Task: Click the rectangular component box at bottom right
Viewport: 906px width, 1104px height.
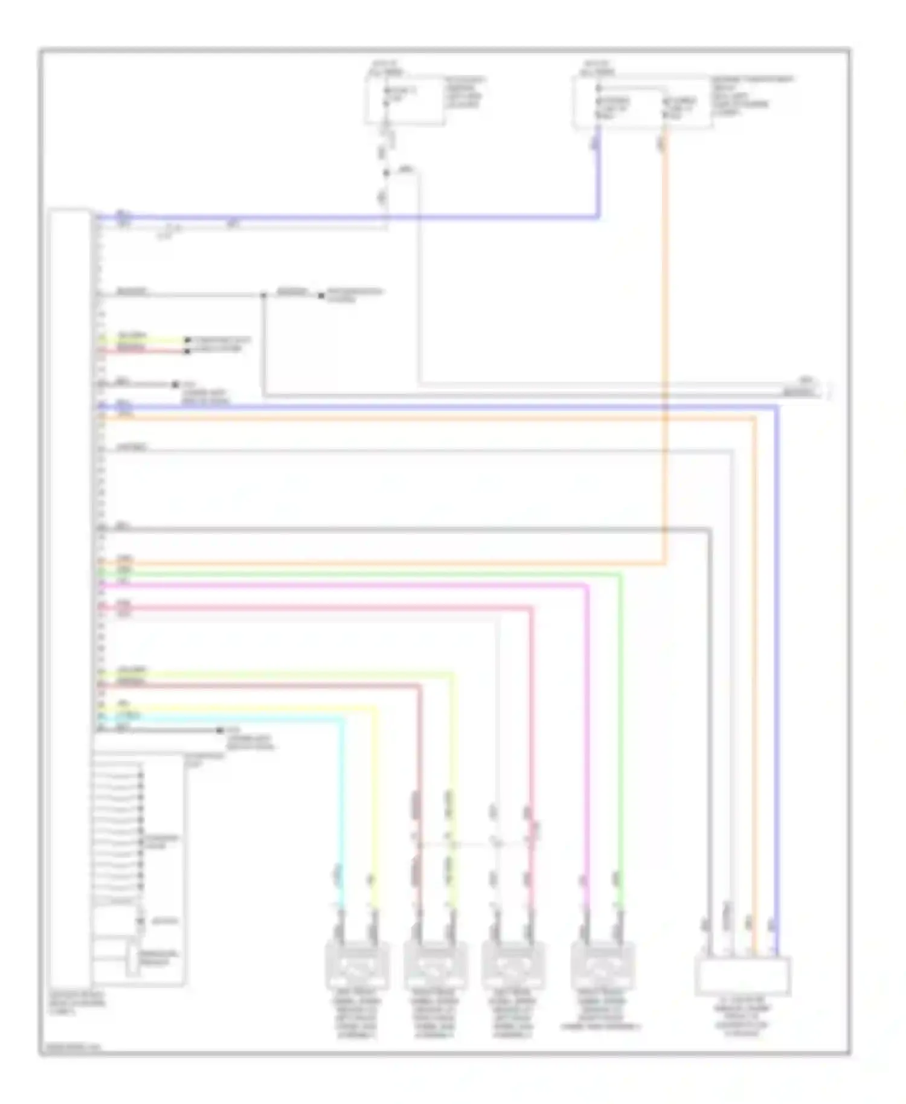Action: pyautogui.click(x=742, y=976)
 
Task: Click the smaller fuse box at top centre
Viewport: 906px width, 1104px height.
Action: pyautogui.click(x=405, y=99)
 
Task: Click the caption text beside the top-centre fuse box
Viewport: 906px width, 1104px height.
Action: pyautogui.click(x=465, y=92)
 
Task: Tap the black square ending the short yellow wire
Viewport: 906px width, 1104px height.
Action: pyautogui.click(x=187, y=341)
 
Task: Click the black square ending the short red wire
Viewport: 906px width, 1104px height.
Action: pyautogui.click(x=187, y=351)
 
